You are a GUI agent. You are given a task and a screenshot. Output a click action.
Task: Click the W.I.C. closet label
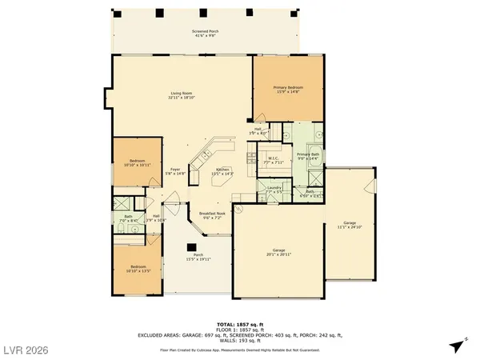273,160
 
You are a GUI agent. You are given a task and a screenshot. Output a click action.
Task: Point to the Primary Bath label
309,157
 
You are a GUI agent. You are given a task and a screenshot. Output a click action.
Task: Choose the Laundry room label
274,190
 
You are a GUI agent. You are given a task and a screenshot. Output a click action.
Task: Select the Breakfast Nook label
212,215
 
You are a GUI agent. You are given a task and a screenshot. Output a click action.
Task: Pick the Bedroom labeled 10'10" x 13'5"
133,269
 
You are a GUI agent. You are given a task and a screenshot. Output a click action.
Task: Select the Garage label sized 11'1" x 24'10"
350,225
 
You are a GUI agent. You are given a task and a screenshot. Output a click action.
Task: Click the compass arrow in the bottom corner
457,346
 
